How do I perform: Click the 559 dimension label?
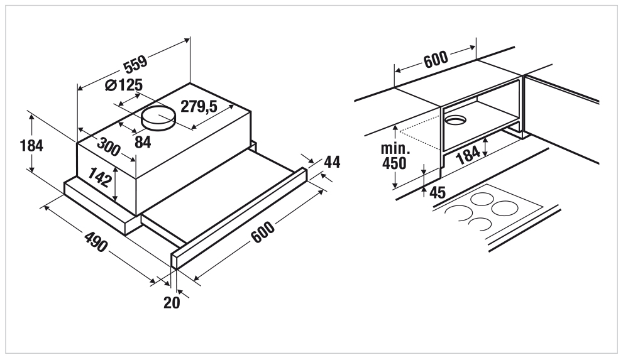(136, 64)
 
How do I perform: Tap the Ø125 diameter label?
(124, 85)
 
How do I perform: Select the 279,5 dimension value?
(199, 106)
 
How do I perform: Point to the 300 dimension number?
(108, 147)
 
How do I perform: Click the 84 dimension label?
(143, 142)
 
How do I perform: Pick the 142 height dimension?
(99, 177)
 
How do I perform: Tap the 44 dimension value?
(332, 162)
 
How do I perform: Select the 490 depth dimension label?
(96, 242)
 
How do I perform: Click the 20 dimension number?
(172, 303)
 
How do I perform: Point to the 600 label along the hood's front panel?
(263, 232)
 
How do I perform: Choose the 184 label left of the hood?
(31, 146)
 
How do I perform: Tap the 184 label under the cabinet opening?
(468, 155)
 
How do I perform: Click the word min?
(395, 148)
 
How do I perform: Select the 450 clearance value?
(394, 163)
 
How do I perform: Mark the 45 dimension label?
(438, 193)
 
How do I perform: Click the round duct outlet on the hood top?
(159, 118)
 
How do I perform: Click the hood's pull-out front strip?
(239, 218)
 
